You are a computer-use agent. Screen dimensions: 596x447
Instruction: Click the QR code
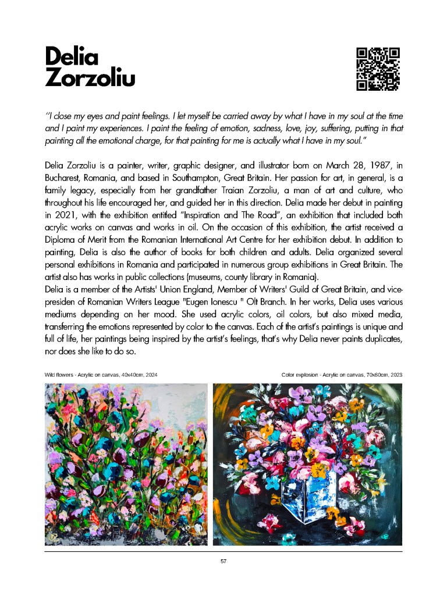[378, 69]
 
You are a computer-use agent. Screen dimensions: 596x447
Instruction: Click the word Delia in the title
[72, 56]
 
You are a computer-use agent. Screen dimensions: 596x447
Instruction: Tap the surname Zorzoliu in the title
[90, 77]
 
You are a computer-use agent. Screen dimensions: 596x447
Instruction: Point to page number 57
[223, 561]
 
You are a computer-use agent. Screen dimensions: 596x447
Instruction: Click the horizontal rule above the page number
[223, 551]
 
